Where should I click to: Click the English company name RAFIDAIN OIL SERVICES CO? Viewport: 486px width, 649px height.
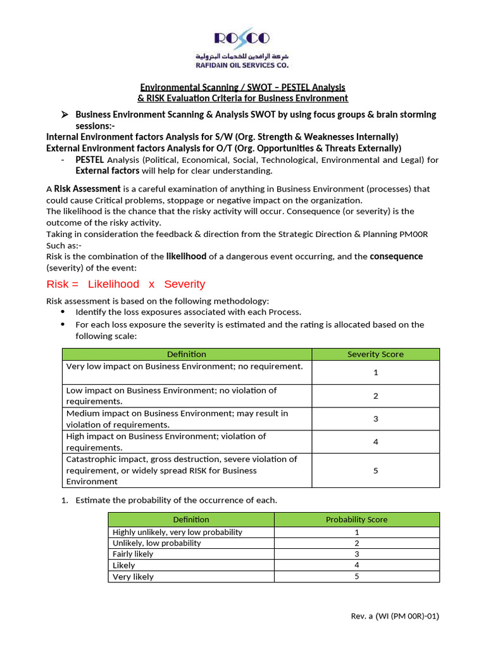click(x=243, y=65)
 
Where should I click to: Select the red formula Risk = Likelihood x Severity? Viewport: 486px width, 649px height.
click(x=126, y=284)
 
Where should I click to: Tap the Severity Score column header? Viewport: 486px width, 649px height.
click(x=375, y=354)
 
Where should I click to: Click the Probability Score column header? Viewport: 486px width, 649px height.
click(x=356, y=519)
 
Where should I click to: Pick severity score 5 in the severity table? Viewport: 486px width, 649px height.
click(x=375, y=470)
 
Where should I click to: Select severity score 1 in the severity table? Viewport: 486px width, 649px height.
click(x=375, y=373)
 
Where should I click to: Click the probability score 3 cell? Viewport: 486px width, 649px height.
click(x=356, y=554)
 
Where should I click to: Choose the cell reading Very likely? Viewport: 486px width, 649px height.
click(x=133, y=577)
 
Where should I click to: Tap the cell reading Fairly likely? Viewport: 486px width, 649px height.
click(x=133, y=554)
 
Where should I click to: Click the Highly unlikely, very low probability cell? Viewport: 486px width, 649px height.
click(x=177, y=532)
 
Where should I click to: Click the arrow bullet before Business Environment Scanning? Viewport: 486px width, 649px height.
click(x=64, y=115)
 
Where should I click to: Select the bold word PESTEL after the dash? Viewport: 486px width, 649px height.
click(x=89, y=160)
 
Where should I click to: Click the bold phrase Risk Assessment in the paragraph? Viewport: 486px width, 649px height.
click(x=87, y=188)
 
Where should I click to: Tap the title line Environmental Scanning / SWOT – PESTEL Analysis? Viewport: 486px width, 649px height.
click(x=242, y=87)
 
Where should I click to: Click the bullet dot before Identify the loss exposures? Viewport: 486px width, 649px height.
click(x=62, y=312)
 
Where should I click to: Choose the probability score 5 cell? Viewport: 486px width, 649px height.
click(x=356, y=577)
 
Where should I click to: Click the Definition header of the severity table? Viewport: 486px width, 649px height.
click(x=187, y=354)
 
